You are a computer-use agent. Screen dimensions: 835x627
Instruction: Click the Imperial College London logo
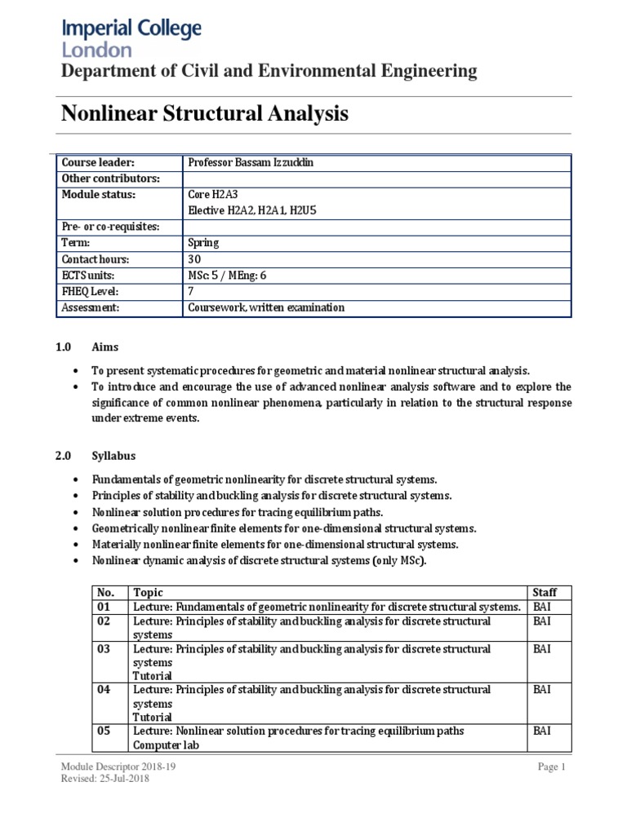pos(131,38)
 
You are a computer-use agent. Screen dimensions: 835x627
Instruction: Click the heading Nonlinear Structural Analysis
pos(205,115)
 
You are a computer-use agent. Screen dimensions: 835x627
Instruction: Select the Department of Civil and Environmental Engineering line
pos(269,72)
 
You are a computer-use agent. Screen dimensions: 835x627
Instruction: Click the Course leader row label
pos(92,163)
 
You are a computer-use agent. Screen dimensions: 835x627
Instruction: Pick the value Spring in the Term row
pos(203,243)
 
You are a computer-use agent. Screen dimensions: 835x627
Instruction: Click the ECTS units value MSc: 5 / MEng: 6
pos(227,276)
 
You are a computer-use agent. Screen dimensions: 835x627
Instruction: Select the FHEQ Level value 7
pos(191,291)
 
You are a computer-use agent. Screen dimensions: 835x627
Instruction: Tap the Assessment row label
pos(91,307)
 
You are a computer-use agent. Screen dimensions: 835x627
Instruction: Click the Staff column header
pos(545,592)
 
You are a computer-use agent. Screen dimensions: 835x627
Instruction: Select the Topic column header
pos(149,592)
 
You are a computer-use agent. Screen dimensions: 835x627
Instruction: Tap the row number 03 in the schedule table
pos(103,649)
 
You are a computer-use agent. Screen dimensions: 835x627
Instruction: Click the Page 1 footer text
pos(551,767)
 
